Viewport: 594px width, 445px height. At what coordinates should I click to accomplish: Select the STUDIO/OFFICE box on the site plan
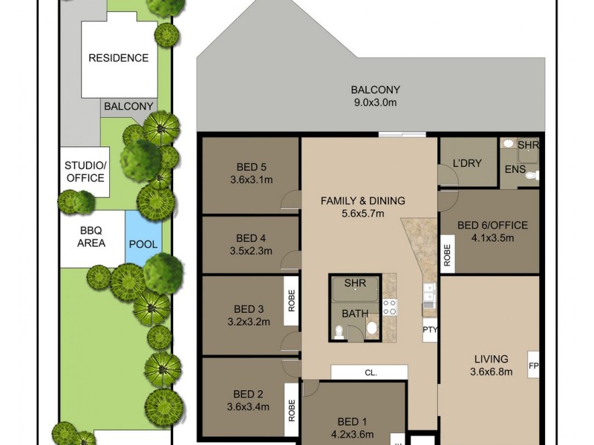pyautogui.click(x=85, y=171)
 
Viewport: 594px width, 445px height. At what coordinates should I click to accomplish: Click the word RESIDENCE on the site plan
pyautogui.click(x=118, y=58)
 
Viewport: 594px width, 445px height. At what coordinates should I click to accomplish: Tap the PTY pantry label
pyautogui.click(x=430, y=329)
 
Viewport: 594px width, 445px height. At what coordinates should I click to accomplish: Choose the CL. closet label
pyautogui.click(x=370, y=373)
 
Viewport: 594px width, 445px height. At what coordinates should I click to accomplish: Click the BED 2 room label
pyautogui.click(x=249, y=394)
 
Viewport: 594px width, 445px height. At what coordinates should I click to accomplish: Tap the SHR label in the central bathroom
pyautogui.click(x=355, y=283)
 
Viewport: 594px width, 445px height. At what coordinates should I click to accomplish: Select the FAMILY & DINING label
pyautogui.click(x=362, y=200)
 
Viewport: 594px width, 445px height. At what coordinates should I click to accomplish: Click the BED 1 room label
pyautogui.click(x=353, y=422)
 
